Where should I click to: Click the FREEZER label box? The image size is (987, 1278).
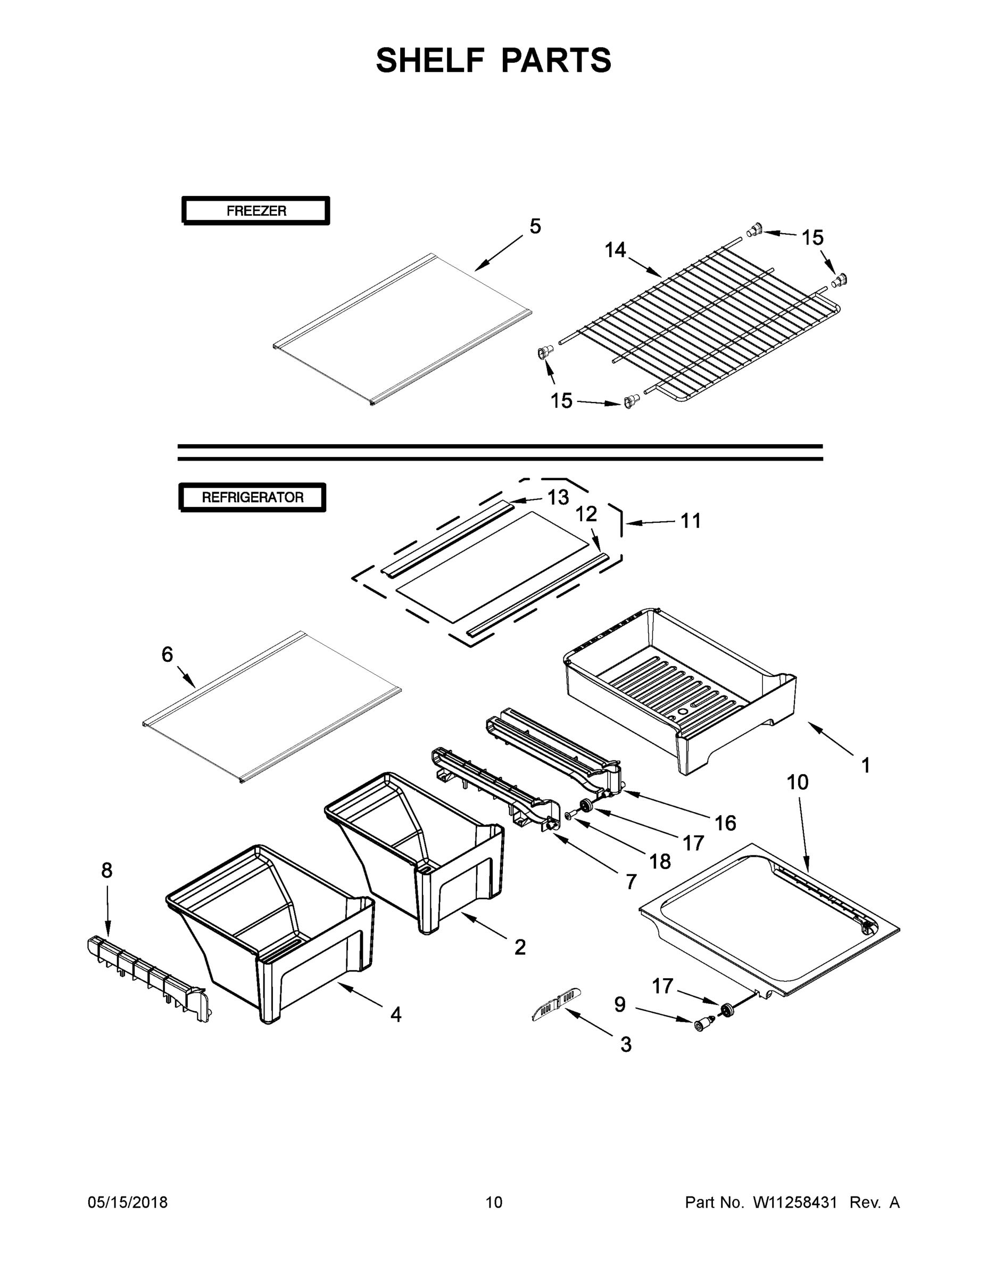tap(255, 211)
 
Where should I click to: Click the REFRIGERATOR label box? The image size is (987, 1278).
tap(252, 497)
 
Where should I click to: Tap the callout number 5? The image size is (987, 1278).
tap(535, 226)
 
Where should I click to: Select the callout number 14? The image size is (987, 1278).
tap(615, 250)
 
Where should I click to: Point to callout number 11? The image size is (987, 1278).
tap(691, 521)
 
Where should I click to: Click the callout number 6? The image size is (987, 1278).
tap(167, 654)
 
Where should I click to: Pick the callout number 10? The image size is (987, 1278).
tap(798, 782)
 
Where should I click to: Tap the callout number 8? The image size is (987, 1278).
tap(106, 870)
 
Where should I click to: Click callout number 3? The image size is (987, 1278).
tap(626, 1045)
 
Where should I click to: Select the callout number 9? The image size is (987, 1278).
tap(620, 1005)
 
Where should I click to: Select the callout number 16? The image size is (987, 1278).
tap(725, 823)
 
